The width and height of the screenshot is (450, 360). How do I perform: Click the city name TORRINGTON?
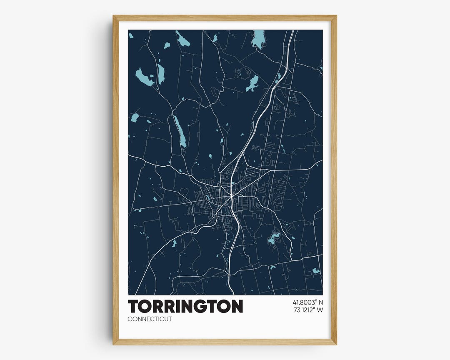(185, 306)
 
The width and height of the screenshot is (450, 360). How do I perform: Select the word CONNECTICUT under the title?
(150, 320)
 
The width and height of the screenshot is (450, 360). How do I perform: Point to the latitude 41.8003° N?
(305, 302)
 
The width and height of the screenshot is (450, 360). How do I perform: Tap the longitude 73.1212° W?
(305, 310)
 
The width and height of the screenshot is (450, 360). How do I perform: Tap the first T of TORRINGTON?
(134, 306)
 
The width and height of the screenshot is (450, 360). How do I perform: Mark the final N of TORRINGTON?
(236, 306)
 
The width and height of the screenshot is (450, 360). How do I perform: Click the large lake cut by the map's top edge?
(259, 39)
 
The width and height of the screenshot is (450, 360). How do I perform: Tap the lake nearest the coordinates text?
(316, 271)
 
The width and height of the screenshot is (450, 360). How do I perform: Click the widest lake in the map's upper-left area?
(144, 77)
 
